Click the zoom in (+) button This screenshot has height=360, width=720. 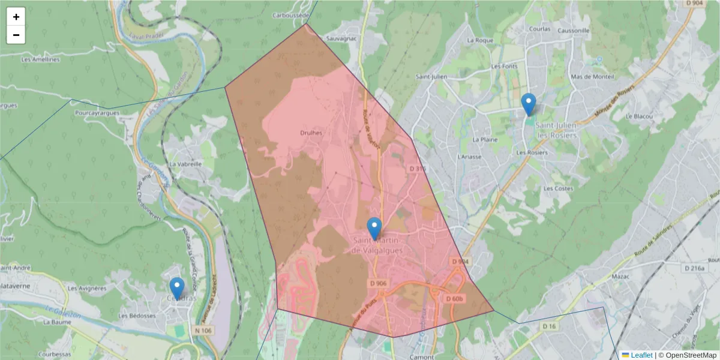[16, 17]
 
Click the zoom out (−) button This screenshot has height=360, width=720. [16, 35]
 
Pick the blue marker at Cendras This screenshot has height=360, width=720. [176, 289]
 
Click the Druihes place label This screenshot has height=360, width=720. [311, 133]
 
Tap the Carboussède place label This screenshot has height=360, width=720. [291, 15]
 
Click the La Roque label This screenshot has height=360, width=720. [480, 40]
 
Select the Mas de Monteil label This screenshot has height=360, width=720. [593, 77]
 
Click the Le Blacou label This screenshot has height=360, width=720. [638, 116]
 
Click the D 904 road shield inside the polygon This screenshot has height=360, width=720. [459, 262]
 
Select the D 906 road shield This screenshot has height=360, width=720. [379, 283]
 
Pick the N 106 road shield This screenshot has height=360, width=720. [203, 331]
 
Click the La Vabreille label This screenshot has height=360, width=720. [185, 163]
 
